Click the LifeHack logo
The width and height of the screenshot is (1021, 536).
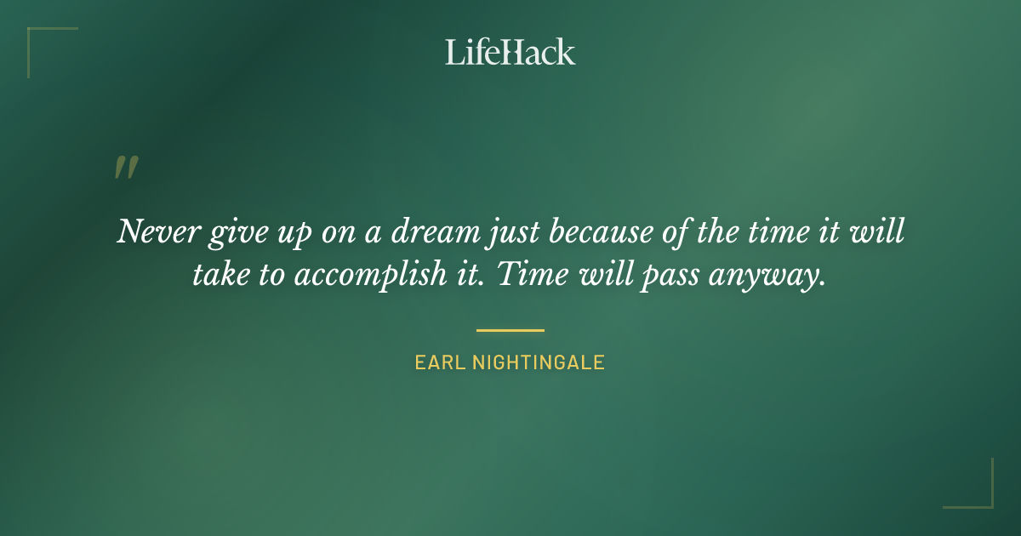[x=510, y=52]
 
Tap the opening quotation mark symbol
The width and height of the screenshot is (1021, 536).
[x=126, y=168]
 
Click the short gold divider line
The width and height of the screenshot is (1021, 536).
[x=510, y=330]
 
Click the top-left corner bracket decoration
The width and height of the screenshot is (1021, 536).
[x=43, y=43]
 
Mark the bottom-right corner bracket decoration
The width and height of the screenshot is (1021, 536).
[x=978, y=493]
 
